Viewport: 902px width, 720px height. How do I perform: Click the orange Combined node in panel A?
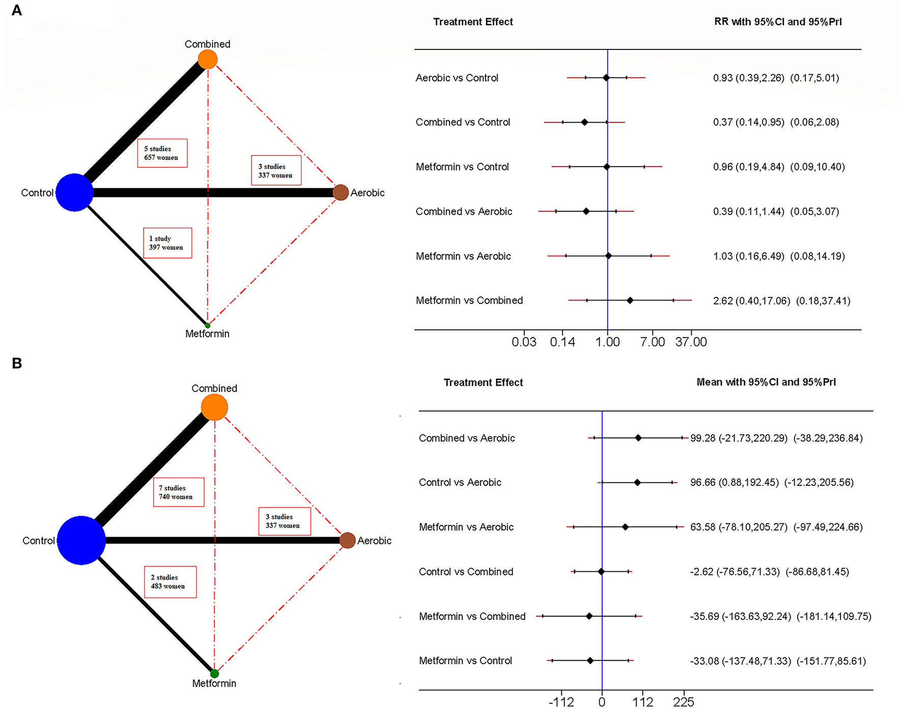(x=208, y=60)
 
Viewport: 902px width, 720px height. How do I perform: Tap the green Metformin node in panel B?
(x=214, y=674)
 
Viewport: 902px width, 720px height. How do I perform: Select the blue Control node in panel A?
(x=74, y=192)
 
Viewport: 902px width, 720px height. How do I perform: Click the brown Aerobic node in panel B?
(x=348, y=540)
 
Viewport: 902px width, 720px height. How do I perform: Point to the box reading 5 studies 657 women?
(x=162, y=153)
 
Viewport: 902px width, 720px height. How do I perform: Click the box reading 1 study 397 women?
(x=167, y=243)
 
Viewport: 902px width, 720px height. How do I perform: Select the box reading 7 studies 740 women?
(x=179, y=492)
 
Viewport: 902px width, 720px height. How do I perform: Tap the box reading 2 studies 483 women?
(x=170, y=582)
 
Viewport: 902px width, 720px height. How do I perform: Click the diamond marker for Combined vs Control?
(x=584, y=122)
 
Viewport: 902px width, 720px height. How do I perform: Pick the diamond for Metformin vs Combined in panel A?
(x=630, y=300)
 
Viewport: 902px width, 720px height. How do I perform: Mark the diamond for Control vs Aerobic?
(x=637, y=482)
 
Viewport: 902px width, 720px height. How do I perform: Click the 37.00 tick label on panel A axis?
(x=691, y=342)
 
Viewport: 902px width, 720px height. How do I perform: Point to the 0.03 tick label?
(x=524, y=342)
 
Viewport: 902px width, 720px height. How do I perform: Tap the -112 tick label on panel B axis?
(x=561, y=703)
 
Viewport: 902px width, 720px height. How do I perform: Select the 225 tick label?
(x=683, y=703)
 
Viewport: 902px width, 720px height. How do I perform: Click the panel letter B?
(x=17, y=364)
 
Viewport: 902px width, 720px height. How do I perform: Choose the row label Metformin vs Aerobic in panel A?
(x=463, y=256)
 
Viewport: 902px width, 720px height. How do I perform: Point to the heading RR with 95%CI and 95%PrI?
(x=778, y=22)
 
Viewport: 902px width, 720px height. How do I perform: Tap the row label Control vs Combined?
(x=466, y=572)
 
